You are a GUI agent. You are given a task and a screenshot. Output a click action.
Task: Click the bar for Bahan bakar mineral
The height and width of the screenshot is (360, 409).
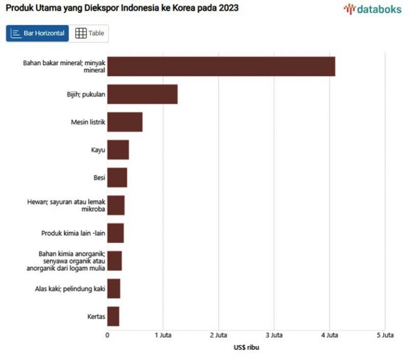[x=221, y=66]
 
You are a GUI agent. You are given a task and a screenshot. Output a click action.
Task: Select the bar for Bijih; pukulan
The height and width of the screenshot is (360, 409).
[x=142, y=94]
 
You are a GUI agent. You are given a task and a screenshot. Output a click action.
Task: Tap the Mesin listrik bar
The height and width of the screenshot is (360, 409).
[x=125, y=122]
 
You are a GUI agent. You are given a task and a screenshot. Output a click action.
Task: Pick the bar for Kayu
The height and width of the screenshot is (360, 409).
[x=118, y=150]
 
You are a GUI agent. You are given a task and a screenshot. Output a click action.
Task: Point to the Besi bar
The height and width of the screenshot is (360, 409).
[x=117, y=177]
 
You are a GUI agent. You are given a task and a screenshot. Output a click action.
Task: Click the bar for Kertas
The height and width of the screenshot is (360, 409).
[x=113, y=316]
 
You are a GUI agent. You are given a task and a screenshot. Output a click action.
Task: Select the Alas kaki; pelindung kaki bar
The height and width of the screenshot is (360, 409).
[x=113, y=289]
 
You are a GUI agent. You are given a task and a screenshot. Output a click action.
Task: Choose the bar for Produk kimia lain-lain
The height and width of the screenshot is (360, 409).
[x=116, y=233]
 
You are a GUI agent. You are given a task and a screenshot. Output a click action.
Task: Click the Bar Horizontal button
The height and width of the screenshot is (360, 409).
[x=38, y=33]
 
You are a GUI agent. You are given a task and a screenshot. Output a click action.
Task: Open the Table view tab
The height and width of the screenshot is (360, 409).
[x=89, y=33]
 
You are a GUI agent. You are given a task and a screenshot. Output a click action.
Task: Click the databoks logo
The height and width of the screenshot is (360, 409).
[x=372, y=9]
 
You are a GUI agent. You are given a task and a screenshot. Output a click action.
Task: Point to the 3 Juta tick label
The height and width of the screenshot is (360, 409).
[x=274, y=335]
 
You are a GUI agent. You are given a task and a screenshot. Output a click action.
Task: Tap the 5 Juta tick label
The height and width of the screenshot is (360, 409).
[x=385, y=335]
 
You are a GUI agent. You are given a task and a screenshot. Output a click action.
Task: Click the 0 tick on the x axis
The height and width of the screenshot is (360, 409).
[x=108, y=335]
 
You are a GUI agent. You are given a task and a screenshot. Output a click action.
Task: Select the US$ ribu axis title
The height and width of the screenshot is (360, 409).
[x=246, y=347]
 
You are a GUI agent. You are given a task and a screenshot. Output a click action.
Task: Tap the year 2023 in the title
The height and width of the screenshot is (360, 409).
[x=228, y=9]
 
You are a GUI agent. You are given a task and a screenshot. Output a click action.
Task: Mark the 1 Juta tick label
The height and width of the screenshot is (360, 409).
[x=163, y=335]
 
